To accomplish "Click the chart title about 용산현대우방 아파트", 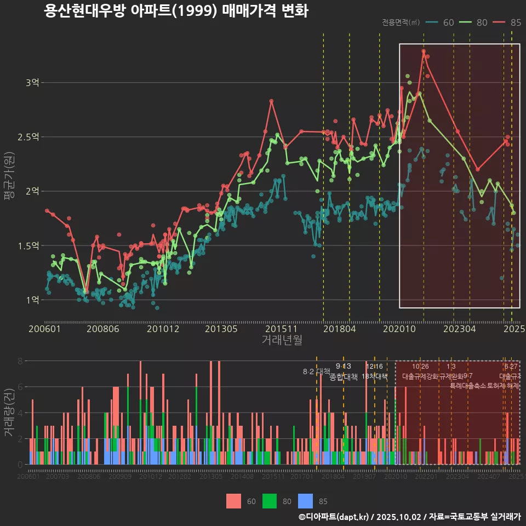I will (176, 11).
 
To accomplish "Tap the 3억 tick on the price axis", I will (32, 83).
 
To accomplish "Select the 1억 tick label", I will (32, 300).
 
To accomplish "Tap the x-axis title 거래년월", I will (282, 340).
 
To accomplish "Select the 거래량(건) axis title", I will (9, 412).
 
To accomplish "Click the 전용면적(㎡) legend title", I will (401, 22).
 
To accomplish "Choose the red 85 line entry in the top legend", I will (506, 22).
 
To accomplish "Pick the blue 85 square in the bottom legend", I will (306, 501).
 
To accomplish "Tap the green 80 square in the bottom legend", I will (270, 501).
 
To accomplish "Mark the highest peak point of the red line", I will (424, 51).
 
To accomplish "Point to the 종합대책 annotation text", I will (343, 376).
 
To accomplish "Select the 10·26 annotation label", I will (420, 367).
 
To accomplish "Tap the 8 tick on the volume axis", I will (20, 361).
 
